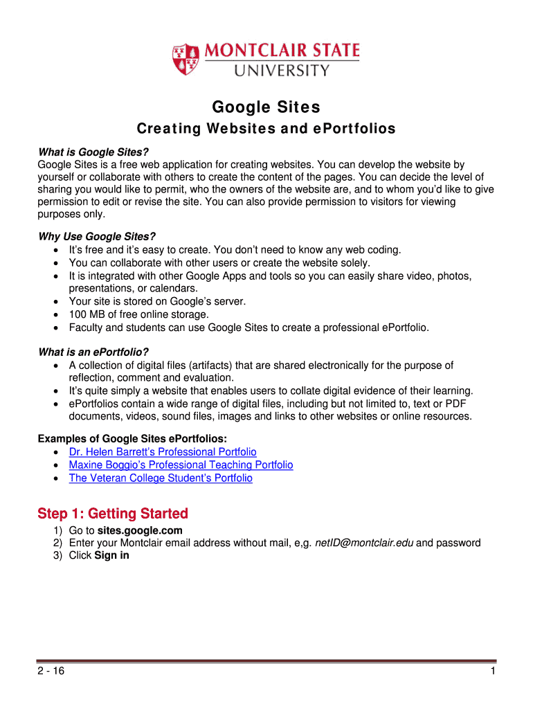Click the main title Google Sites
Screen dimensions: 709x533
tap(266, 107)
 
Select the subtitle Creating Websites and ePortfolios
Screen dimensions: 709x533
tap(266, 129)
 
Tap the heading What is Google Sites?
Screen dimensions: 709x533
tap(93, 152)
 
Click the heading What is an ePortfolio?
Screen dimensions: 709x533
tap(93, 352)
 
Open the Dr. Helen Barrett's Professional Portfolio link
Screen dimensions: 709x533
tap(163, 452)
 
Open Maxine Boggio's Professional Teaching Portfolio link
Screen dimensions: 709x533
tap(181, 465)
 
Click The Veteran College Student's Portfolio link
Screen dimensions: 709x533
tap(161, 478)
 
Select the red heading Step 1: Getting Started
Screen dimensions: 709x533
tap(113, 514)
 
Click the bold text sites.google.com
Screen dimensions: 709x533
tap(140, 530)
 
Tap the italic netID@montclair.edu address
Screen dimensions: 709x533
tap(364, 543)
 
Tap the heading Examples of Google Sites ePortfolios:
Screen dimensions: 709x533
tap(132, 439)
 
